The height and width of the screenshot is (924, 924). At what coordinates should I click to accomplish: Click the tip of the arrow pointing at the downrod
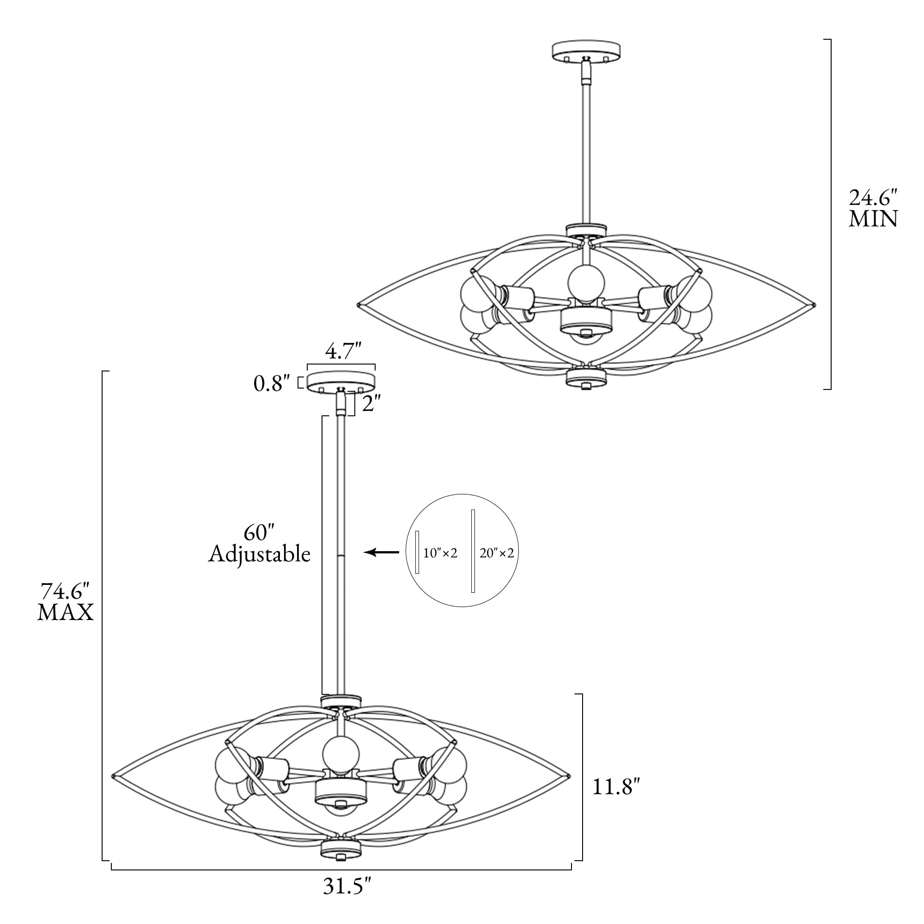click(x=365, y=553)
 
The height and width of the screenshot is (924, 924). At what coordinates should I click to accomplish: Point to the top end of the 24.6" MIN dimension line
click(x=831, y=39)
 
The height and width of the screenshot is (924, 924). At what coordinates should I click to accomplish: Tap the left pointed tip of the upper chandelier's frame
click(x=358, y=304)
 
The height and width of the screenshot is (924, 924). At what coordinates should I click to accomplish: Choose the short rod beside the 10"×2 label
click(x=418, y=552)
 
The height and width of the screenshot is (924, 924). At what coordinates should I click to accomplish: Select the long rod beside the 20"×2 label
click(x=473, y=551)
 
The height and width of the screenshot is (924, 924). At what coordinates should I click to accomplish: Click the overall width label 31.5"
click(x=347, y=886)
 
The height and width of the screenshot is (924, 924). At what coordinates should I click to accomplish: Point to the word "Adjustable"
click(x=259, y=555)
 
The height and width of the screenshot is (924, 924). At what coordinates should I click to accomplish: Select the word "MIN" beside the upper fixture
click(x=873, y=219)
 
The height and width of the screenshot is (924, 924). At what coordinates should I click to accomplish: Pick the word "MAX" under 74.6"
click(x=66, y=612)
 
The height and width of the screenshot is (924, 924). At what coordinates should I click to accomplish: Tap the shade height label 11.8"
click(x=616, y=787)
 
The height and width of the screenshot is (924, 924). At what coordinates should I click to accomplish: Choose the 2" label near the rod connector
click(x=371, y=405)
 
